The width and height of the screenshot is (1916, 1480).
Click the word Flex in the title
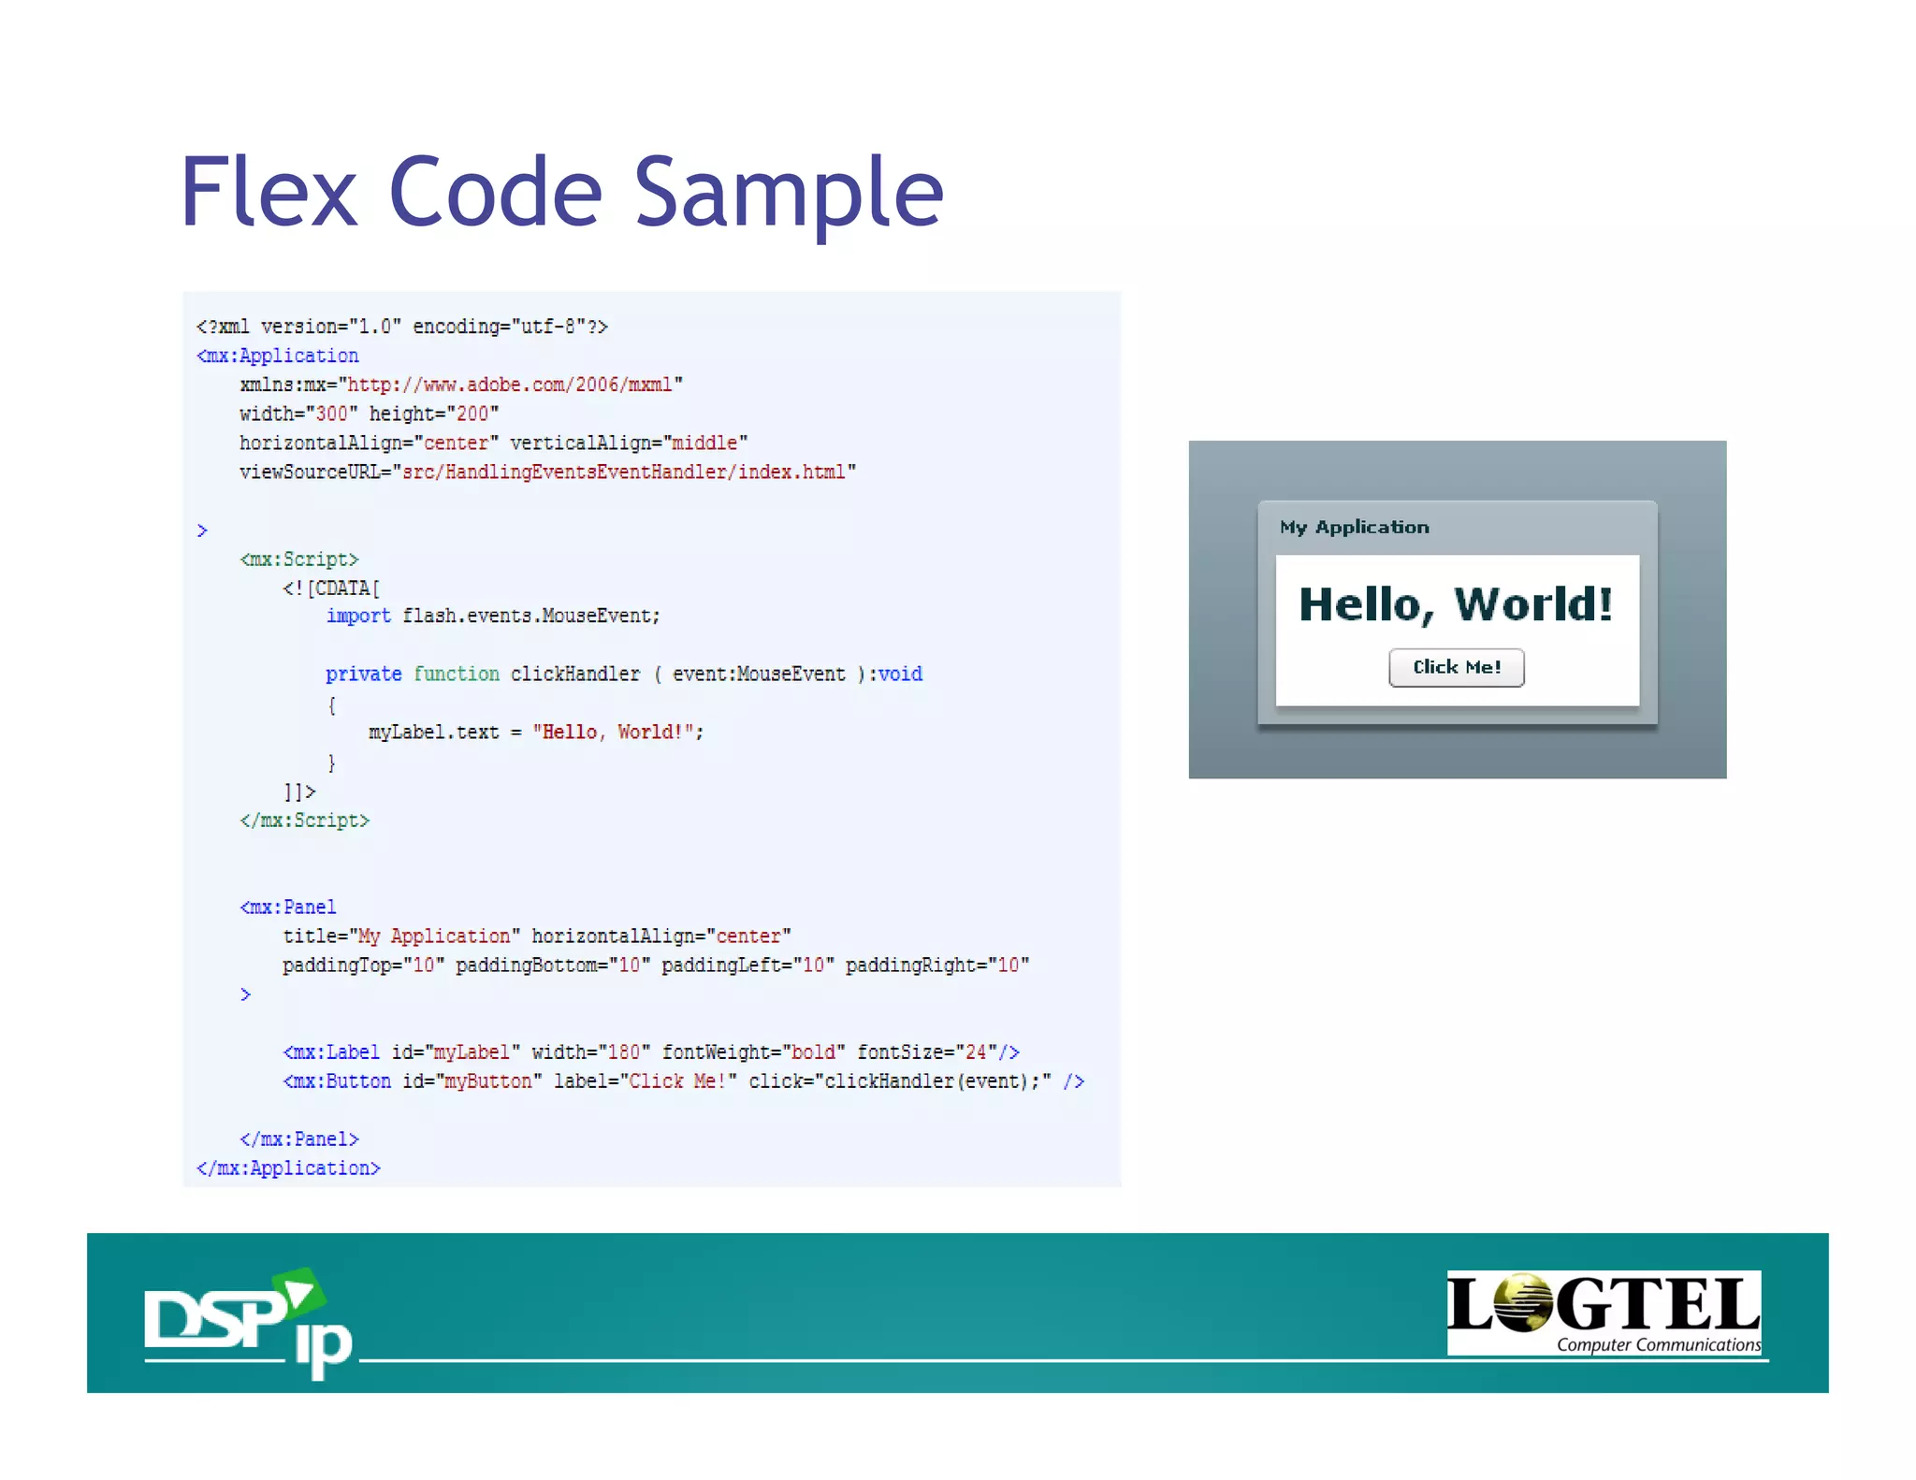269,193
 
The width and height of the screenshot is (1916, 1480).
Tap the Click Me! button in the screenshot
1456,667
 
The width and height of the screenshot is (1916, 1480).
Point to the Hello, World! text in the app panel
1456,604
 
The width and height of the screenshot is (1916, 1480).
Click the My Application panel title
1354,527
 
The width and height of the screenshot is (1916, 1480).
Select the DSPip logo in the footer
248,1321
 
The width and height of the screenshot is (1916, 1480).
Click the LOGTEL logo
1603,1312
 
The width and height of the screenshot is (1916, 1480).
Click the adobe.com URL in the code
510,385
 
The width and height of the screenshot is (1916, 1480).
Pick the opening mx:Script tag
299,559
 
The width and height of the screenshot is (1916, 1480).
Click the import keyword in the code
358,616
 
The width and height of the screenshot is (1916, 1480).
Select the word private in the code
363,674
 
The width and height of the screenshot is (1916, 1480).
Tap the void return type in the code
900,674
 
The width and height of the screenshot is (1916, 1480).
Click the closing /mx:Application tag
288,1168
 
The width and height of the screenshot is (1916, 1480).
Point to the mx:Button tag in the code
338,1081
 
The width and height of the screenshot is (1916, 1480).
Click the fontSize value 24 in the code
976,1052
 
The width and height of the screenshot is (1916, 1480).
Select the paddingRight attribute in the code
911,965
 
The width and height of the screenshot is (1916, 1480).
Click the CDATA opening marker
331,588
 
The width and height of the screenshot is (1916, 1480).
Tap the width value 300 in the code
331,414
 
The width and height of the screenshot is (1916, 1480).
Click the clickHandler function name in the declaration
574,674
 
